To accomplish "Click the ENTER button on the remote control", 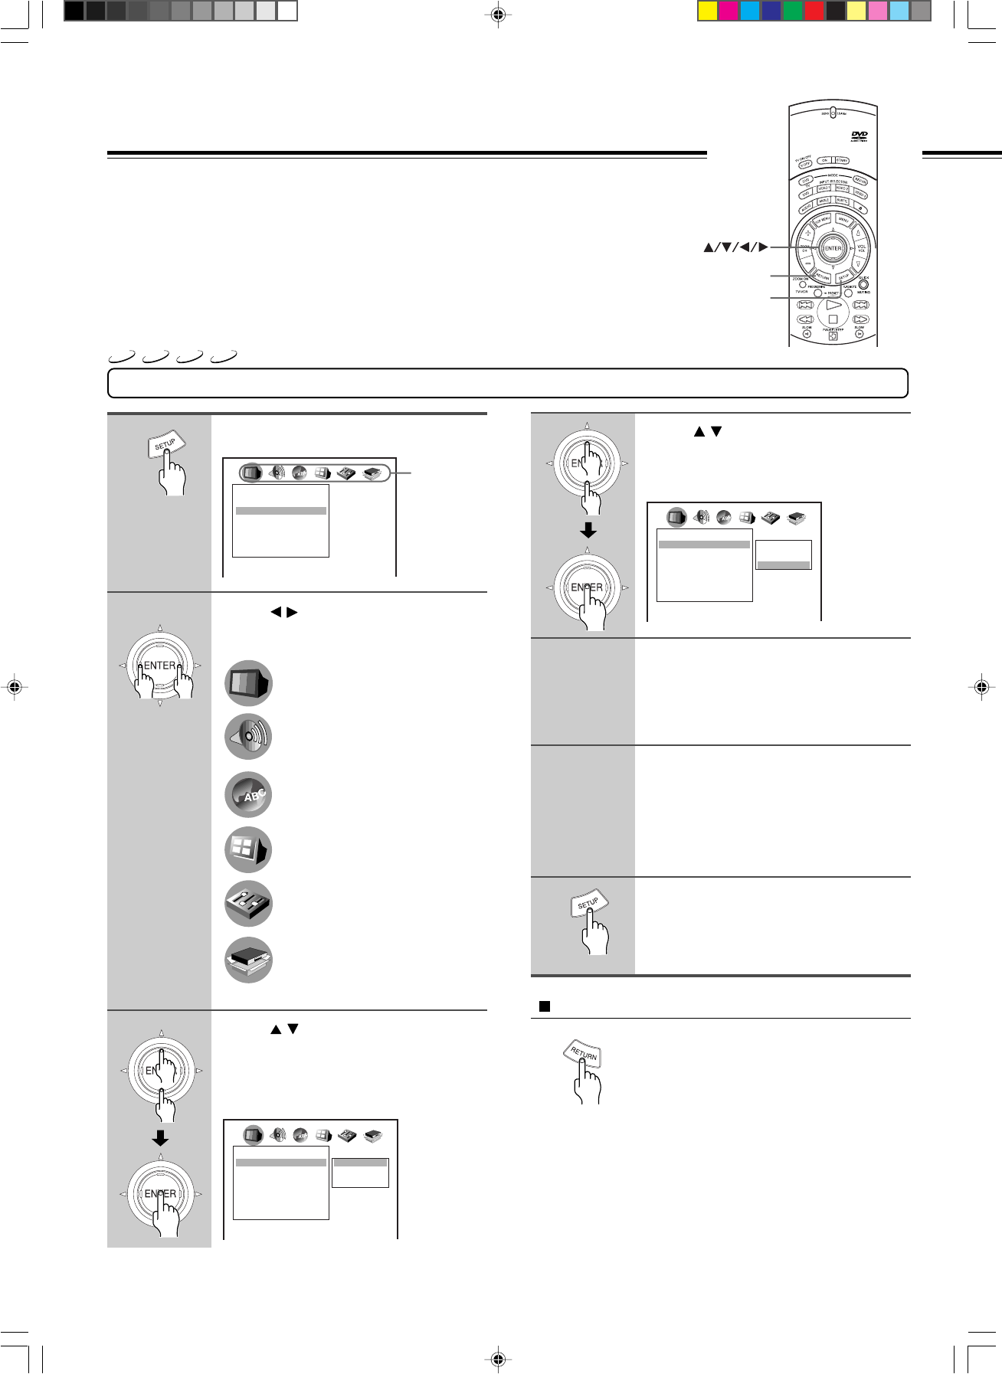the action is [833, 248].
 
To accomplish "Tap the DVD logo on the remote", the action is [859, 136].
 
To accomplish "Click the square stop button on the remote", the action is [833, 319].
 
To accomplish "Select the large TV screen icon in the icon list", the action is [248, 682].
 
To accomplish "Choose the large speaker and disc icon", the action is [248, 737].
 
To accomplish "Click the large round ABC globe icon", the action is [248, 794].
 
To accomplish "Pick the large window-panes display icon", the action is [248, 849].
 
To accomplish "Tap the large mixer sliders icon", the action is [248, 904].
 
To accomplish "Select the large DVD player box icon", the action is [248, 960].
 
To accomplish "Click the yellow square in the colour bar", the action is [707, 11].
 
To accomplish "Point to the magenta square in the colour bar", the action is [729, 11].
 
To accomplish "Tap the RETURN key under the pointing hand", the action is [583, 1055].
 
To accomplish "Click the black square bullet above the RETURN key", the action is [545, 1006].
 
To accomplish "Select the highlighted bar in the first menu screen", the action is [281, 511].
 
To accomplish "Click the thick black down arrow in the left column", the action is [160, 1138].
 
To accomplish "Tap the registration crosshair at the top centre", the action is [498, 14].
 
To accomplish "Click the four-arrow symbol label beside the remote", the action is [735, 247].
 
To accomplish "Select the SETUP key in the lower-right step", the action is [588, 905].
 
